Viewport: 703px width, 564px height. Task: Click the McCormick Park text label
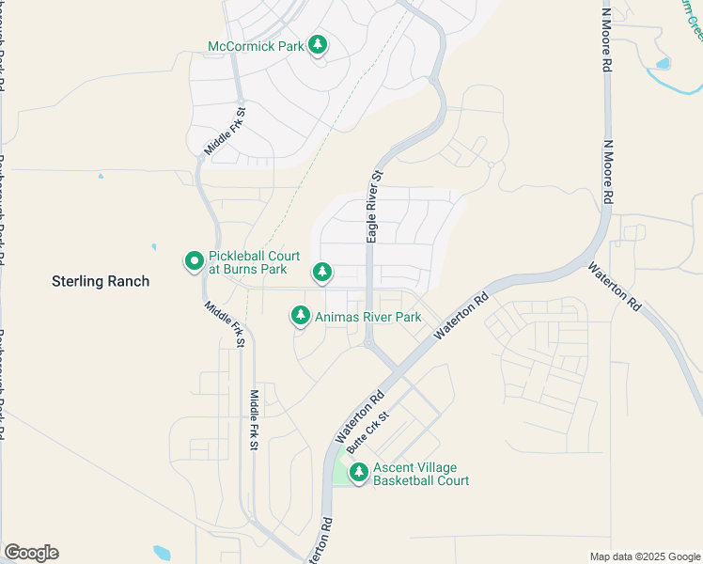[x=256, y=45]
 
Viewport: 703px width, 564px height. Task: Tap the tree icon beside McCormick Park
[x=319, y=45]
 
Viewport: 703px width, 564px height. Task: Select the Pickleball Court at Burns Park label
[x=255, y=262]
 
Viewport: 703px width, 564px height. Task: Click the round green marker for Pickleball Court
[x=195, y=260]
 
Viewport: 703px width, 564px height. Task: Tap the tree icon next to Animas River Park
[x=301, y=316]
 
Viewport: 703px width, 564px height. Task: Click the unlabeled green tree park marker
[x=322, y=273]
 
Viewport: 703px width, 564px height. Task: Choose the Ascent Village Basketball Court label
[x=420, y=474]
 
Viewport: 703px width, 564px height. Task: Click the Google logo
[x=31, y=553]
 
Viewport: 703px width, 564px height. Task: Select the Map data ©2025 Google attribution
[x=645, y=556]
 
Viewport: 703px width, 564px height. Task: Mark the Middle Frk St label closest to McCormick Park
[x=225, y=132]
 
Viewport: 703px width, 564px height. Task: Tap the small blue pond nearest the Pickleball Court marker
[x=153, y=248]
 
